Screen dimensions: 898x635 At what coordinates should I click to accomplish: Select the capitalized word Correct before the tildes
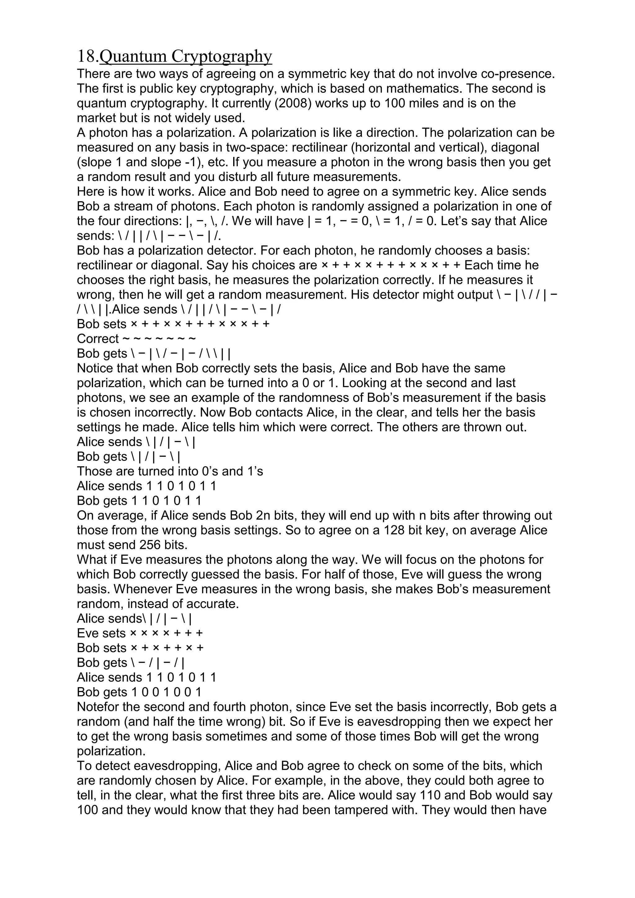click(x=98, y=339)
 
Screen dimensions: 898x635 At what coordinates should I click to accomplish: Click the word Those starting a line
click(x=95, y=471)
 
